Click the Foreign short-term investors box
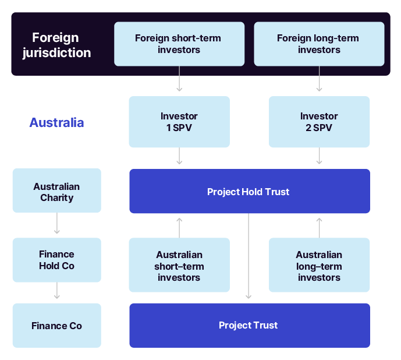pos(179,44)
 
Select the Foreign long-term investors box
pos(319,44)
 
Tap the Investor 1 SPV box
pos(179,122)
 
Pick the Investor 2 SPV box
pos(319,122)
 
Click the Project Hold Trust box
pos(249,191)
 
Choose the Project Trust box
pos(249,325)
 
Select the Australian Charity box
pos(56,191)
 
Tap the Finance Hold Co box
pos(56,260)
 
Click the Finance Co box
pos(56,325)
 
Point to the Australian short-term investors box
pos(179,265)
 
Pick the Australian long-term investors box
pos(319,265)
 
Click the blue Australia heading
pos(56,122)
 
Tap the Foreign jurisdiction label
pos(56,45)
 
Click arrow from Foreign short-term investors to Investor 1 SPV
pos(179,79)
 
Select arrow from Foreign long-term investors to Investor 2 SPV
pos(319,79)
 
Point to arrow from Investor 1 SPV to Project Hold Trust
pos(179,156)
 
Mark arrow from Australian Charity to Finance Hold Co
pos(56,224)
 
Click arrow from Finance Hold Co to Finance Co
pos(56,291)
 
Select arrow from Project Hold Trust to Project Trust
pos(249,256)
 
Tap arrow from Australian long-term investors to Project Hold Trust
pos(319,227)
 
